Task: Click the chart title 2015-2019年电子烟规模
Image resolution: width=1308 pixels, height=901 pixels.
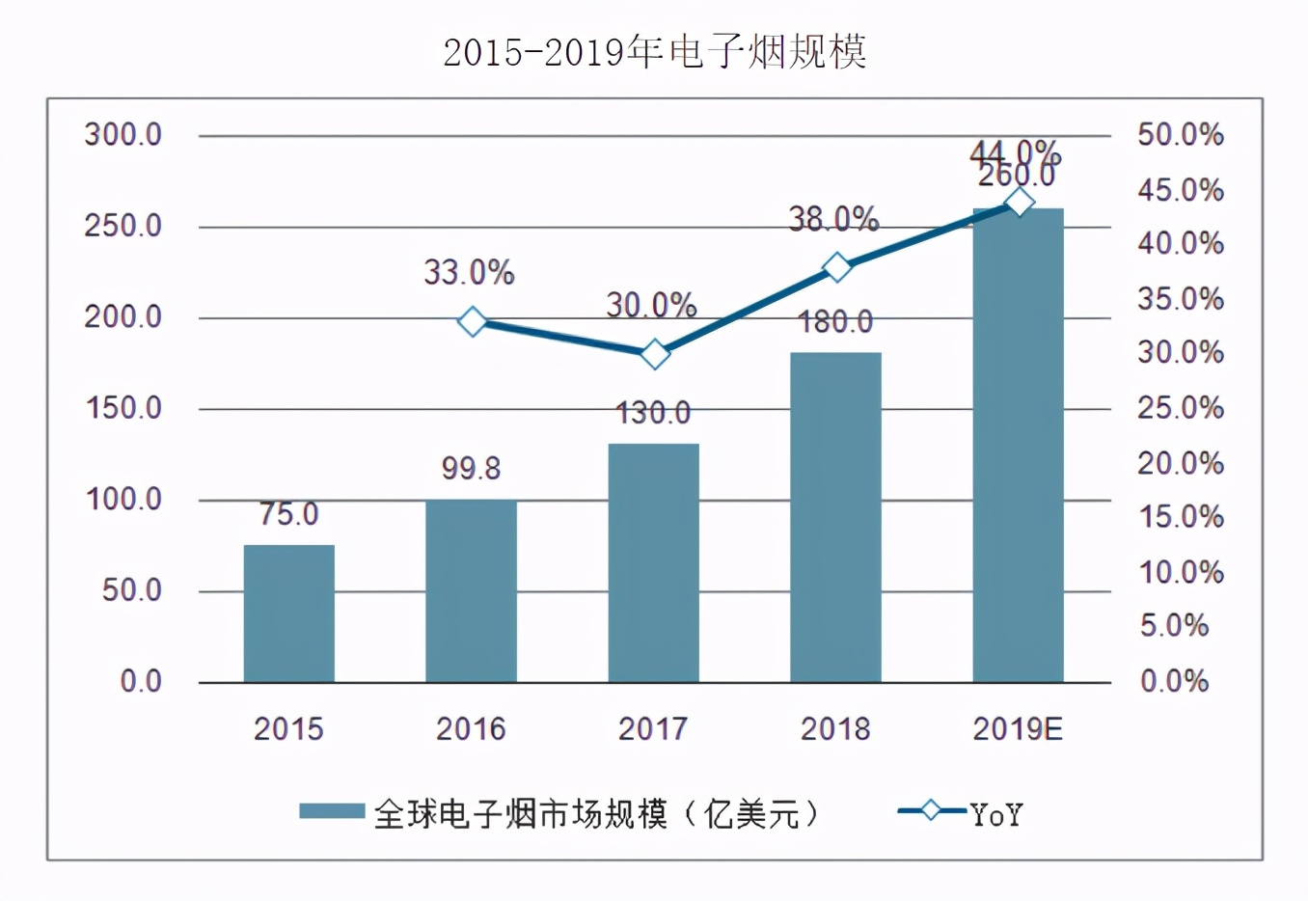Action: (x=654, y=52)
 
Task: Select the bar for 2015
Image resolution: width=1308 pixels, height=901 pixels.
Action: (x=288, y=614)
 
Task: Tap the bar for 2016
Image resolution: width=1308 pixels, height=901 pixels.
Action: (x=471, y=590)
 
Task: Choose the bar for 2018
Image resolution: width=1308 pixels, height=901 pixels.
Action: (x=835, y=517)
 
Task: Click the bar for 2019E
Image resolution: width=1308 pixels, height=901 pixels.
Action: (x=1018, y=445)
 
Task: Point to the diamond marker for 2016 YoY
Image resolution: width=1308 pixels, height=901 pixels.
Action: (x=472, y=321)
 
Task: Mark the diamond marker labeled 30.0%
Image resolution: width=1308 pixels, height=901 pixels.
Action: (x=654, y=354)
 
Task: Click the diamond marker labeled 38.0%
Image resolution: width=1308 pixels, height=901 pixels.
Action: (x=836, y=267)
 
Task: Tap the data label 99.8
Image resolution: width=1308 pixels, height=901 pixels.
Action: (x=471, y=469)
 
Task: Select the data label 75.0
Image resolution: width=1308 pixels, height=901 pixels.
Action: (x=288, y=514)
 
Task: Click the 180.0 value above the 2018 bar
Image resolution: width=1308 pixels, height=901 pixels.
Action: (x=835, y=321)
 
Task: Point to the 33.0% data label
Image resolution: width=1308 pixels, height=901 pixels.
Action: (x=469, y=273)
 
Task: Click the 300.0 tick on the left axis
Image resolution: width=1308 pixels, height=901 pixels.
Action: (x=123, y=135)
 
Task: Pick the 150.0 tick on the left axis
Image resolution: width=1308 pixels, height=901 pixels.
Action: (x=123, y=408)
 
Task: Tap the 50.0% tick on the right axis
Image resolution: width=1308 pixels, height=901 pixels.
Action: (x=1180, y=135)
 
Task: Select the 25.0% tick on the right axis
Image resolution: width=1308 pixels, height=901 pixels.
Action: (x=1180, y=408)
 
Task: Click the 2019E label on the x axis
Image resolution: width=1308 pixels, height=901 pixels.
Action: (x=1018, y=729)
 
